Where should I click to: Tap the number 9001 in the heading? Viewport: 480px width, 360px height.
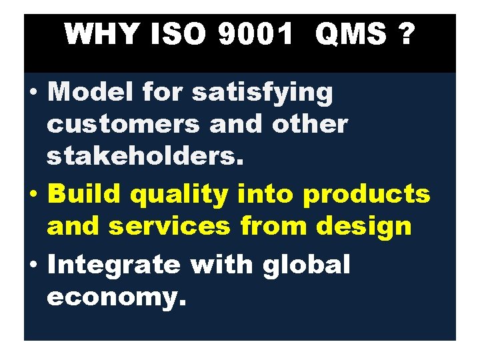254,34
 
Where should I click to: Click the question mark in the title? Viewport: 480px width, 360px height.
402,34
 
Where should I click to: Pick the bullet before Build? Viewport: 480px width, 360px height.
34,195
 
